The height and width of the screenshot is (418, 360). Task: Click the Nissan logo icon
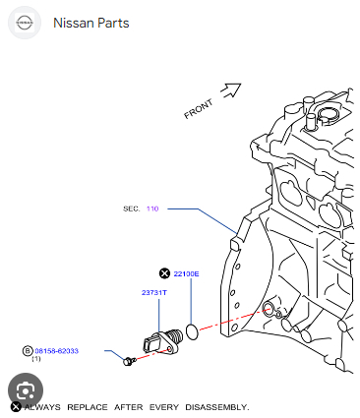click(25, 23)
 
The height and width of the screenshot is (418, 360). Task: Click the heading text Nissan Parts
click(91, 23)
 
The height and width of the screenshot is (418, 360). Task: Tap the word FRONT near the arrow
click(199, 109)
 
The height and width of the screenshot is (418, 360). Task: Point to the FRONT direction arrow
click(231, 90)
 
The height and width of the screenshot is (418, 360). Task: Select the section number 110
click(152, 209)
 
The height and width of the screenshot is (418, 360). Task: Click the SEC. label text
click(132, 209)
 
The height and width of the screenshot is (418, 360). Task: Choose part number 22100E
click(186, 273)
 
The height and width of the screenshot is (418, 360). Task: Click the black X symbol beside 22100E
click(164, 273)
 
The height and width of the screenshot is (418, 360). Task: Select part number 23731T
click(154, 292)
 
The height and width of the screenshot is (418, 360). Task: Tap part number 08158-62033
click(57, 351)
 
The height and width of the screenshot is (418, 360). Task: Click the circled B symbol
click(28, 351)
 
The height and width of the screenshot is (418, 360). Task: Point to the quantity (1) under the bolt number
click(36, 359)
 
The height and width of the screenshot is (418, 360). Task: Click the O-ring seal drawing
click(192, 331)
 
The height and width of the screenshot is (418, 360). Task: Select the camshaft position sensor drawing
click(162, 342)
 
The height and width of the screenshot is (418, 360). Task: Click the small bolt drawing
click(129, 361)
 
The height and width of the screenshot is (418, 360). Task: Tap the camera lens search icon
click(26, 390)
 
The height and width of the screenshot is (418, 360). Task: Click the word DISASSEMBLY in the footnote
click(217, 407)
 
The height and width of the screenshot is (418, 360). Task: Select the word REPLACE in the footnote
click(88, 407)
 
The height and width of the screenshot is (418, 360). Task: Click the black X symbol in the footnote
click(16, 407)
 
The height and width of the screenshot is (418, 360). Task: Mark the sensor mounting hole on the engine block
click(268, 308)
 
